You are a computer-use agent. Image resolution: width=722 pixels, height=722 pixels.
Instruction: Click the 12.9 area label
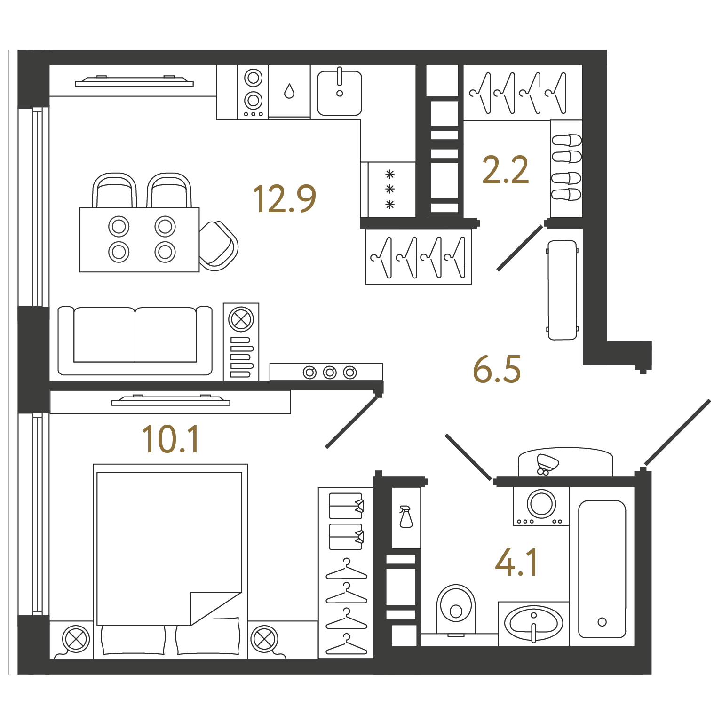coord(285,198)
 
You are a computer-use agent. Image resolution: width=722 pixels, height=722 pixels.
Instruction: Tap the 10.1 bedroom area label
coord(171,439)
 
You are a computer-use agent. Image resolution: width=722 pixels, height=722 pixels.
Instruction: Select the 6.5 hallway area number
coord(497,369)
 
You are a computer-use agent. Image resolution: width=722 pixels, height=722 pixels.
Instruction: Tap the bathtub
coord(602,569)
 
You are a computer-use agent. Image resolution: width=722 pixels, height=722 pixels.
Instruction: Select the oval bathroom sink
coord(533,624)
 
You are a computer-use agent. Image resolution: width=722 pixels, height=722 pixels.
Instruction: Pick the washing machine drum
coord(541,504)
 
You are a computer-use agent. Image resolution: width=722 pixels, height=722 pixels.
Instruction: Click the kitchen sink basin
coord(340,93)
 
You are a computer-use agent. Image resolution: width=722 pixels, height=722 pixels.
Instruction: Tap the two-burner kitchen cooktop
coord(253,92)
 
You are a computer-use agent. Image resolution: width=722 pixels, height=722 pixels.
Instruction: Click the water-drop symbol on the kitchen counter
coord(289,91)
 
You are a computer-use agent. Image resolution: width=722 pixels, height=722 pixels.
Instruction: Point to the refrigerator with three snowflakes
coord(389,190)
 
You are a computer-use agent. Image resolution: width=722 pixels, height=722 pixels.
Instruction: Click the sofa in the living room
coord(135,341)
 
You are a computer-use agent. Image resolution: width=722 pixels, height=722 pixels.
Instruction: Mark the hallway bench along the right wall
coord(563,290)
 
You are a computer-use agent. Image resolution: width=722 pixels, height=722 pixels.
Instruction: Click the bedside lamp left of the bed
coord(76,640)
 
